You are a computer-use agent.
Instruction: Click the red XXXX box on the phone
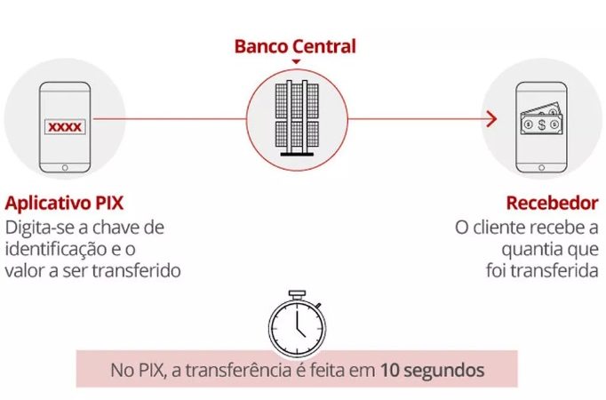65,127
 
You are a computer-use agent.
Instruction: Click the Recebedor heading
552,203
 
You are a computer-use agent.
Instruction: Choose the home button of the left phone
65,167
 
